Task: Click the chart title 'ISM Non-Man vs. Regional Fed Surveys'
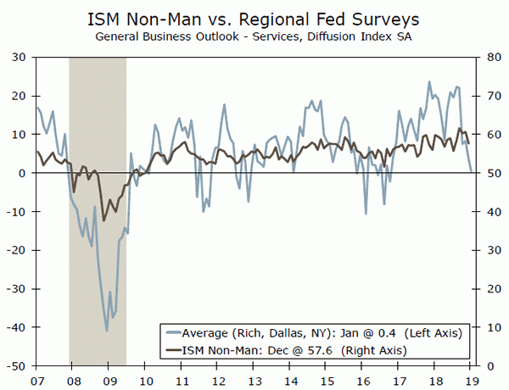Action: click(x=255, y=18)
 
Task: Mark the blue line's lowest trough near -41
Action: click(x=107, y=331)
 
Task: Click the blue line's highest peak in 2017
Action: click(x=429, y=82)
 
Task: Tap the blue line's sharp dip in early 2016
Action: click(x=366, y=213)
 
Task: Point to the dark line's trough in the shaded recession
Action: click(x=103, y=220)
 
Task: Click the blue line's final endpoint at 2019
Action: click(x=472, y=171)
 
